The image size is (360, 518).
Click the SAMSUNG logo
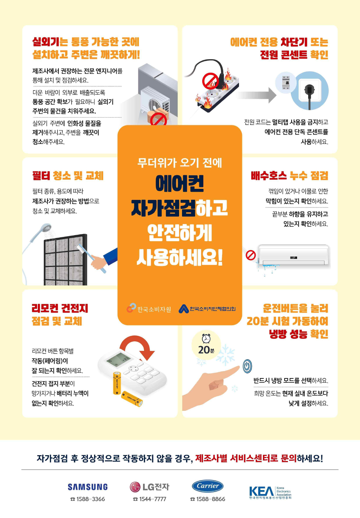click(88, 487)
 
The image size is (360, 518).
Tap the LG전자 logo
click(149, 487)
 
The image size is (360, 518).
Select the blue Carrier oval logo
click(207, 486)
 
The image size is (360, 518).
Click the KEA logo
click(270, 492)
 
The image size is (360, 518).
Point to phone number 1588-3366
click(88, 499)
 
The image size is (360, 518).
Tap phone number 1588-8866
click(208, 499)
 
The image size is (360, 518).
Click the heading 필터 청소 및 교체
click(68, 176)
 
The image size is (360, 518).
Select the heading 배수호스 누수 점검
click(289, 176)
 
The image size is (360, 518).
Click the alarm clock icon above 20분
click(206, 338)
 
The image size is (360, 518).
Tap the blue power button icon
click(247, 366)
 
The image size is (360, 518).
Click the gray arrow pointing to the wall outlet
click(257, 96)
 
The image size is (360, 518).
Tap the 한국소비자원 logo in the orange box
click(149, 309)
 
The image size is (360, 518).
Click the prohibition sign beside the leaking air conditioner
click(250, 255)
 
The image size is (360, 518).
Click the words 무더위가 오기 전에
click(179, 162)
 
